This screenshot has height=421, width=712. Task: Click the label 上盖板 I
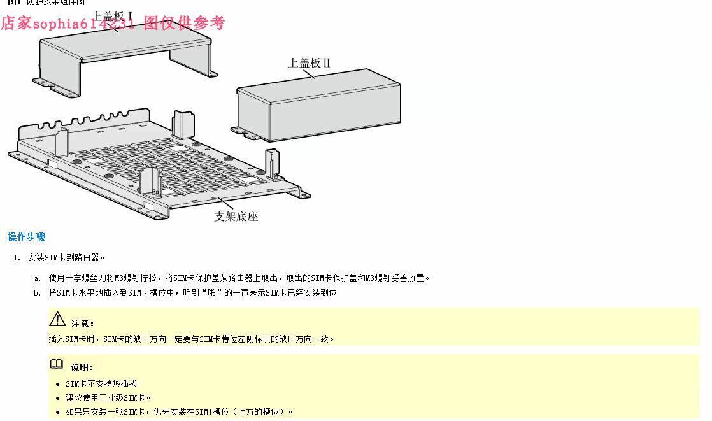(x=113, y=15)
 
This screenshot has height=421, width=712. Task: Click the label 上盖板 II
(x=309, y=62)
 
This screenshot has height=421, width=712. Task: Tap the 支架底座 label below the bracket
(x=236, y=217)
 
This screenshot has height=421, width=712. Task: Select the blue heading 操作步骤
(x=27, y=237)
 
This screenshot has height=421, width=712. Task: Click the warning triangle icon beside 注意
(x=58, y=319)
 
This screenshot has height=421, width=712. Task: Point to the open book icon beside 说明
(x=57, y=364)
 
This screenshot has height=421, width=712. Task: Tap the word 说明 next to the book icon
(x=82, y=367)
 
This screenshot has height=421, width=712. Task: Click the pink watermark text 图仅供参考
(x=184, y=24)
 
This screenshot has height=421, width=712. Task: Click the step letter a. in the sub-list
(x=38, y=278)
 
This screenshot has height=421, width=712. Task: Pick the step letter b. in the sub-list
(x=38, y=292)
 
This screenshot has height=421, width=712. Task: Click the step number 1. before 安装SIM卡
(x=17, y=258)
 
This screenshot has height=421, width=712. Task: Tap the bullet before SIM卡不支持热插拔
(x=58, y=384)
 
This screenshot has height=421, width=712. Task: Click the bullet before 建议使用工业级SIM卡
(x=58, y=398)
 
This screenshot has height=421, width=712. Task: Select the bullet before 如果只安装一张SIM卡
(x=58, y=412)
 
